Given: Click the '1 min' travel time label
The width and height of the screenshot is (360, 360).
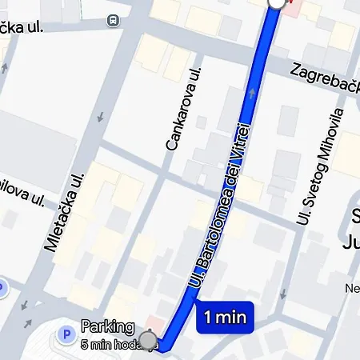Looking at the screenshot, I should [x=225, y=317].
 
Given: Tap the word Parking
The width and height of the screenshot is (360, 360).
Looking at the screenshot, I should [x=107, y=326].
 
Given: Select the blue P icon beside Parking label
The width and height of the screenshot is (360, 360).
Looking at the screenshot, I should [x=67, y=331].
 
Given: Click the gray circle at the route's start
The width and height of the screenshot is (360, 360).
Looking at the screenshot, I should [x=148, y=338].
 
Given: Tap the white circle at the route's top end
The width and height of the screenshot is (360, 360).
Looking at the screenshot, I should [x=276, y=2].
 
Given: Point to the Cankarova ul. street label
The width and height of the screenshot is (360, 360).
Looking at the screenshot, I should [x=182, y=110].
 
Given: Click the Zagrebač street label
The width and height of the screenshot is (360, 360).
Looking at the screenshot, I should [x=323, y=77].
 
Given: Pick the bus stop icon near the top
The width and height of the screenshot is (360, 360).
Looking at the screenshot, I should [x=113, y=19].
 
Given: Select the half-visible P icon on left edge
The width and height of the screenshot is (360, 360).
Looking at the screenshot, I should [x=2, y=288].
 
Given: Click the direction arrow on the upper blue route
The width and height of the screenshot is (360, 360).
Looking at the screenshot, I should [x=253, y=94].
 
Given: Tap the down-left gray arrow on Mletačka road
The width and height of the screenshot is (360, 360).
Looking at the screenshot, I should [x=28, y=306].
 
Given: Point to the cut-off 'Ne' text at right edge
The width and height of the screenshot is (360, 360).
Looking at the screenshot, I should [x=352, y=288].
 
